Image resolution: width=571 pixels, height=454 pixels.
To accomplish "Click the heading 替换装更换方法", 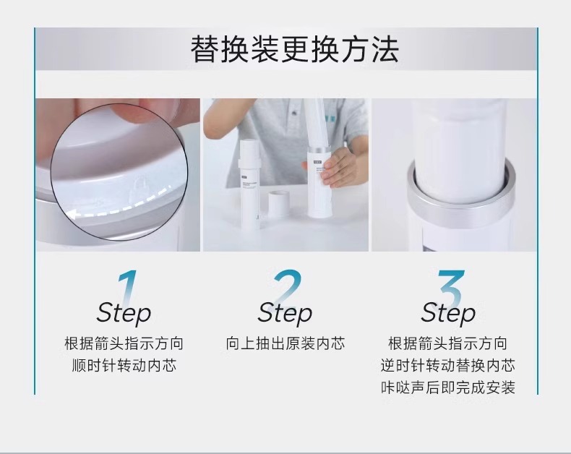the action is (295, 49).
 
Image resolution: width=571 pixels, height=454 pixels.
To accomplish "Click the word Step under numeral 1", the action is (124, 313).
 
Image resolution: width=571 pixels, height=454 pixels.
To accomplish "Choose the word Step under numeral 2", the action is (285, 313).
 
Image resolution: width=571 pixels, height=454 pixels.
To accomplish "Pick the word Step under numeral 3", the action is (448, 313).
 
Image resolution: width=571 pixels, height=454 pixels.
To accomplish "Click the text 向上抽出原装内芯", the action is (285, 343).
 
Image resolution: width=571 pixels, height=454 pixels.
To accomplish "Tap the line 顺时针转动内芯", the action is (124, 366).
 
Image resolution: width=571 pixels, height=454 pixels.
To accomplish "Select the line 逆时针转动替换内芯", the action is (448, 366).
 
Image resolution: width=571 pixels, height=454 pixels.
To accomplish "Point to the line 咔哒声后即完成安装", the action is (448, 387).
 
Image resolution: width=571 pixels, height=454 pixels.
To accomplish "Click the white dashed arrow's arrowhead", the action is (74, 215).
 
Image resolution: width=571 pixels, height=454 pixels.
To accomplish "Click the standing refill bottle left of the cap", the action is (251, 184).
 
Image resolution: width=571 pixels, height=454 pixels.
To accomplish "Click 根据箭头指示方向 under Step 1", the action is (124, 343).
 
